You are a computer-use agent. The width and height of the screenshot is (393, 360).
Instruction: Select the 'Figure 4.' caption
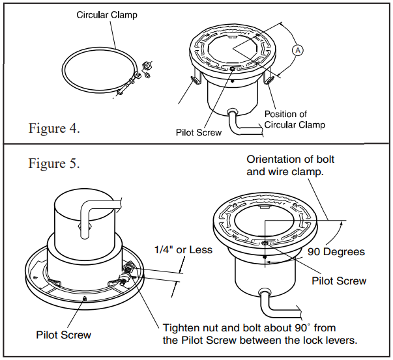[55, 128]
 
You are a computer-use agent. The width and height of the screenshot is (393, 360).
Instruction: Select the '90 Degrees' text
[336, 251]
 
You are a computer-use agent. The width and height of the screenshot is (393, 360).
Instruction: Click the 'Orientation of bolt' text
[294, 161]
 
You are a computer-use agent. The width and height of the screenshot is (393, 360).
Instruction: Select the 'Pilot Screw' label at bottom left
[64, 335]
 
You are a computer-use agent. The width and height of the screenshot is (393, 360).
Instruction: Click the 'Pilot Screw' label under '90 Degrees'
[339, 281]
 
